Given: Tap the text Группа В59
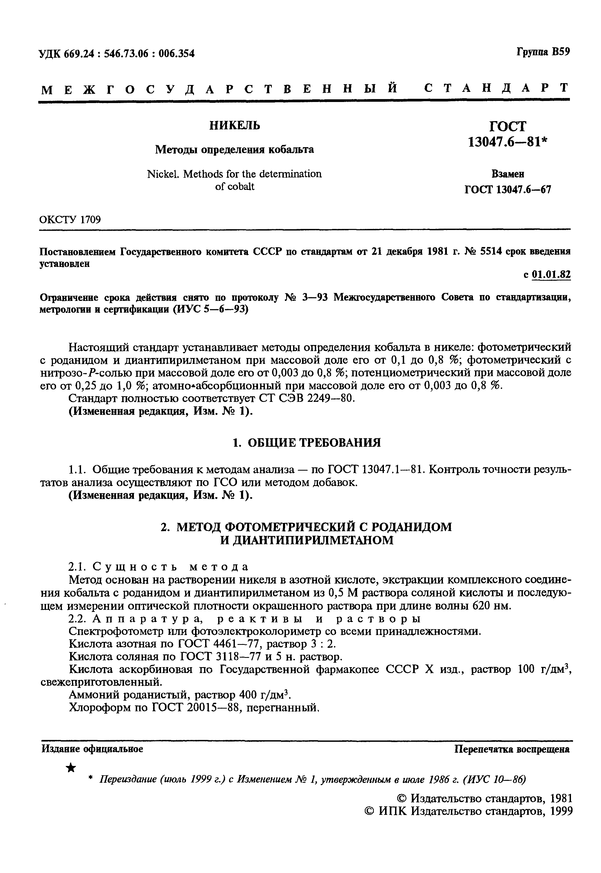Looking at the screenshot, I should (543, 52).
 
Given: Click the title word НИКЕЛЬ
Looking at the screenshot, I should (235, 125).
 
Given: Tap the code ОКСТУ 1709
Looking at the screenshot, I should (70, 219).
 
